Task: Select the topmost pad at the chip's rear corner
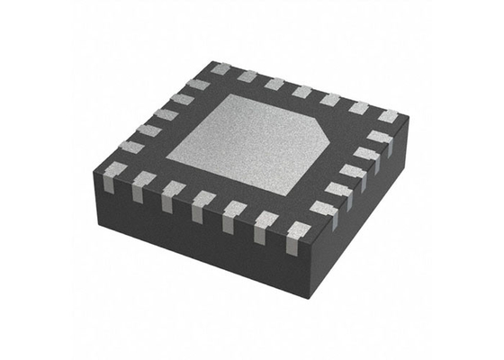tap(220, 68)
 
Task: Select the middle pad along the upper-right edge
tap(302, 92)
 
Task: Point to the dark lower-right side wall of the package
tap(360, 225)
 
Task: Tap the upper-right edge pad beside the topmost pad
tap(247, 76)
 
